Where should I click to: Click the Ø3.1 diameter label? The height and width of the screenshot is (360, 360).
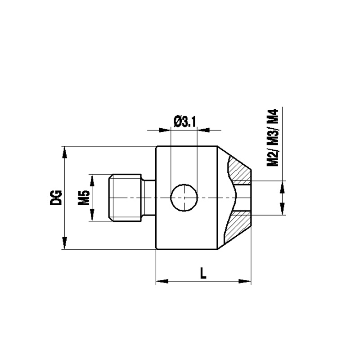point(185,122)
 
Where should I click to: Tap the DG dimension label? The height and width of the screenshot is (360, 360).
point(56,198)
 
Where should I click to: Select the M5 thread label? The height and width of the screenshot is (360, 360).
point(84,198)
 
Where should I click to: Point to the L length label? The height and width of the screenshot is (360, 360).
point(203,273)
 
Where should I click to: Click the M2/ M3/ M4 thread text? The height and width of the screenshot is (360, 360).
point(273,138)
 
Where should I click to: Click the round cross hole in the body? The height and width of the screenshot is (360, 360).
point(184,198)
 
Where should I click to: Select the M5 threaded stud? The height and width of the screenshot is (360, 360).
point(125,198)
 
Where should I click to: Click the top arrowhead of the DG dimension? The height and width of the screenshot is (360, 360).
point(65,152)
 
